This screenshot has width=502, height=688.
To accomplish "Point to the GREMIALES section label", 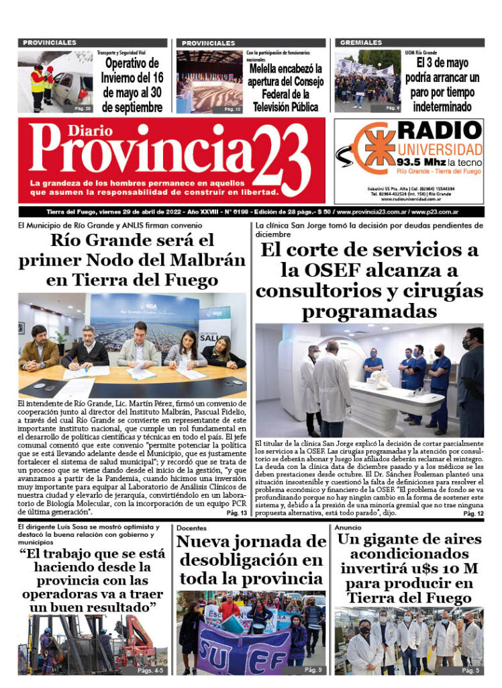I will pos(361,42).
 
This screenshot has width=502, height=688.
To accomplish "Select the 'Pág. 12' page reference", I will pos(473,513).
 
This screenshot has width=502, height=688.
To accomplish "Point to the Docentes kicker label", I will pos(192,528).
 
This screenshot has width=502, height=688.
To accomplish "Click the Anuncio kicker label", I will pos(350,528).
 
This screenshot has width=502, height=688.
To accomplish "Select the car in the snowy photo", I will pos(72,87).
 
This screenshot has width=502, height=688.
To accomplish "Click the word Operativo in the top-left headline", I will pos(134,63).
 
